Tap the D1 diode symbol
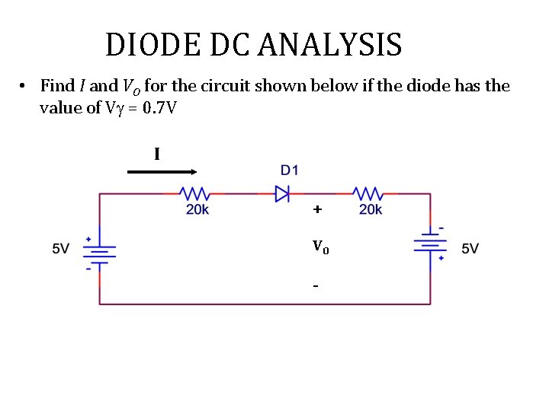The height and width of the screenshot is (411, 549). (x=283, y=193)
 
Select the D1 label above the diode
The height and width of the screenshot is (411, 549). (x=289, y=169)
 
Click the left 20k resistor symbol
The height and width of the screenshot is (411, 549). (x=195, y=193)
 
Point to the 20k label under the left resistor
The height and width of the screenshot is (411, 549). (x=197, y=210)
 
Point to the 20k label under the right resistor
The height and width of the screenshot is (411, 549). (x=371, y=210)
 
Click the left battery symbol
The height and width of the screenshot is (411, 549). (x=99, y=250)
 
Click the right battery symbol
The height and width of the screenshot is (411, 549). (x=430, y=244)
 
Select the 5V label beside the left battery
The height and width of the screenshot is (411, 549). (x=61, y=249)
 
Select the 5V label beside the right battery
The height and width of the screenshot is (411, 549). (x=470, y=249)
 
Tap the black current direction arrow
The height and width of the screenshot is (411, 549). (x=161, y=173)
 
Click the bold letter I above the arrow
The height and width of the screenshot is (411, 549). (x=156, y=155)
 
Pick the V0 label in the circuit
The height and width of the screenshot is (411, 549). (x=320, y=247)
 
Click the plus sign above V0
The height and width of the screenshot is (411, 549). (x=316, y=209)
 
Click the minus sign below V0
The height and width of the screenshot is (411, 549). (x=315, y=286)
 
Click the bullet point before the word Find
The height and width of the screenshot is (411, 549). (x=24, y=86)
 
